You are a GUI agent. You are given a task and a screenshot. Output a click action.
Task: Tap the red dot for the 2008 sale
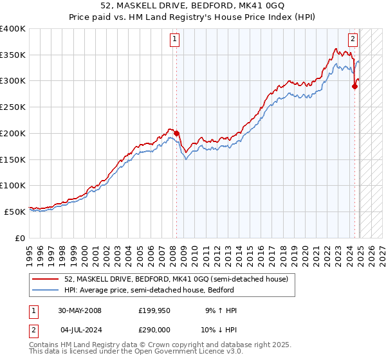177,134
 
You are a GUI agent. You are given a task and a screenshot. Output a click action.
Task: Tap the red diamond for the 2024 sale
354,86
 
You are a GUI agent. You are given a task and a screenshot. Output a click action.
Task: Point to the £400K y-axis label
13,29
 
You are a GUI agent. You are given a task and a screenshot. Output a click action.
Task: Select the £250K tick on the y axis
13,107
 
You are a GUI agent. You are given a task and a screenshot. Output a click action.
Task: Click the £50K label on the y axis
15,212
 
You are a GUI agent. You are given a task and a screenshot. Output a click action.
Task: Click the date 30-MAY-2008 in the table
80,310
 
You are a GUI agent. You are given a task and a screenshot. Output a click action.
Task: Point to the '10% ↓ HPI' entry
219,330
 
